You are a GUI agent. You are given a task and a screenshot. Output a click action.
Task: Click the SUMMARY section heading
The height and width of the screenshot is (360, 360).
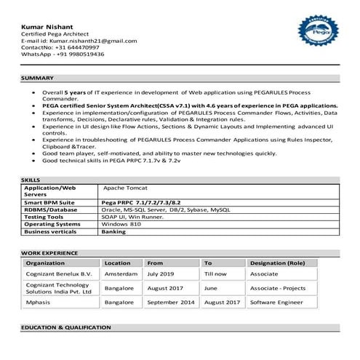pyautogui.click(x=37, y=77)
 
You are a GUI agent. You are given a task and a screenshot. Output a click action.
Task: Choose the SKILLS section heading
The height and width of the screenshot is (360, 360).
pyautogui.click(x=31, y=179)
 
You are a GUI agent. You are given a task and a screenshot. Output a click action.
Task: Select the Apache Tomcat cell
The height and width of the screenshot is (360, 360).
pyautogui.click(x=125, y=187)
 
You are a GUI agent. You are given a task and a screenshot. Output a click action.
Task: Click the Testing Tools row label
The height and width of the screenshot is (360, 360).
pyautogui.click(x=44, y=217)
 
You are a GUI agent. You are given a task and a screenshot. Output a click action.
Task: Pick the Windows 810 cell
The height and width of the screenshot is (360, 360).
pyautogui.click(x=120, y=224)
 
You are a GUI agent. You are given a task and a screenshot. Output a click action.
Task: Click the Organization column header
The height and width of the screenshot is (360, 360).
pyautogui.click(x=45, y=263)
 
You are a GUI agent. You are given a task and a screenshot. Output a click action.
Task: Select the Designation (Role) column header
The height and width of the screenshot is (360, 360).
pyautogui.click(x=277, y=263)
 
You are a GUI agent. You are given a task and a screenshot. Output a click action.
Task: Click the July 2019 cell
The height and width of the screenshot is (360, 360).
pyautogui.click(x=161, y=274)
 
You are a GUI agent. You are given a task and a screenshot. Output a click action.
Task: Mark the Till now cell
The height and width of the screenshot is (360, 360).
pyautogui.click(x=216, y=274)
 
